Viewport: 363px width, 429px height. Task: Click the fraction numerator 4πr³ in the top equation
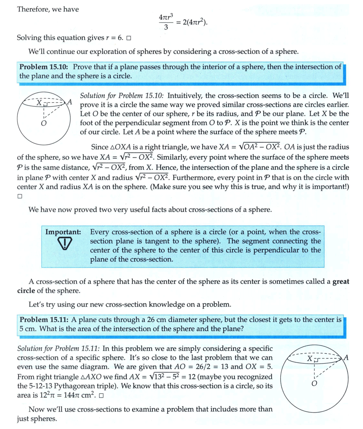click(x=166, y=18)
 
